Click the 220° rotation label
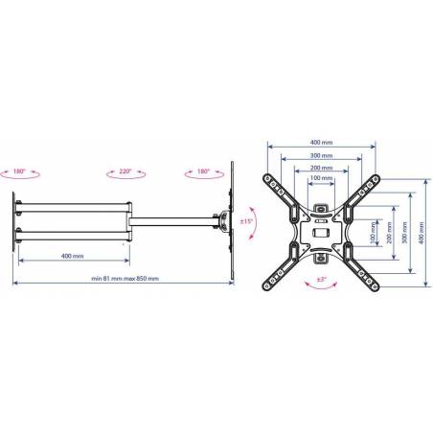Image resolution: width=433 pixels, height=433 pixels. (125, 171)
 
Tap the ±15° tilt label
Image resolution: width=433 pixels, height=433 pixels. (246, 221)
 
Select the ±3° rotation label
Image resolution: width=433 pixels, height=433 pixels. (321, 280)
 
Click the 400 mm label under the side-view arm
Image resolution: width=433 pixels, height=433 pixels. (72, 256)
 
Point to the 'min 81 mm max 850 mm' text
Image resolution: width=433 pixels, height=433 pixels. (125, 279)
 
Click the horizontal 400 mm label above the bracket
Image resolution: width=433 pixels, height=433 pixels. (321, 143)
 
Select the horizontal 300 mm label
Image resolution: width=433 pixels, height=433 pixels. (321, 155)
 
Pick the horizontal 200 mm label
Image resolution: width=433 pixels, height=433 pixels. (321, 168)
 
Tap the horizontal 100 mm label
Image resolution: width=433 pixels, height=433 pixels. (321, 178)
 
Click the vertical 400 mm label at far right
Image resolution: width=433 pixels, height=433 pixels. (422, 233)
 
